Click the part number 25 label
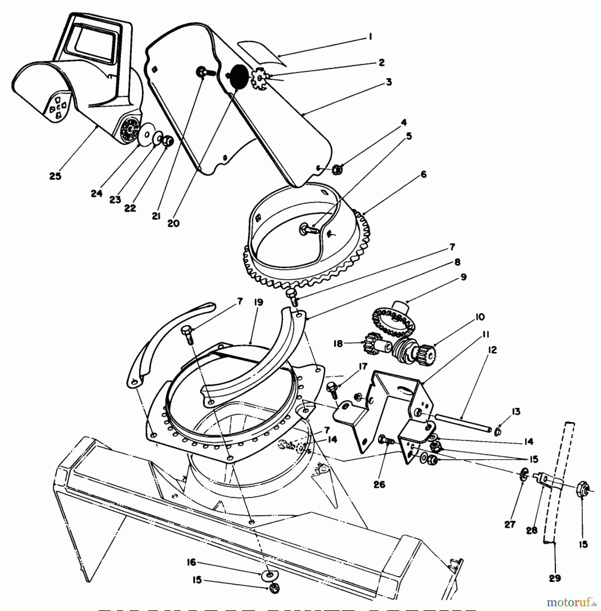click(x=55, y=176)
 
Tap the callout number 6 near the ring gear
click(x=423, y=174)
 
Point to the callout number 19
click(x=259, y=302)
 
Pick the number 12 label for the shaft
click(x=492, y=350)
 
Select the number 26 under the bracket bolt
click(x=379, y=484)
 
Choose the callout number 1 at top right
click(x=370, y=36)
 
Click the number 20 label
click(x=173, y=223)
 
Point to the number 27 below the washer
click(x=510, y=524)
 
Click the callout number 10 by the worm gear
click(x=480, y=317)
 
